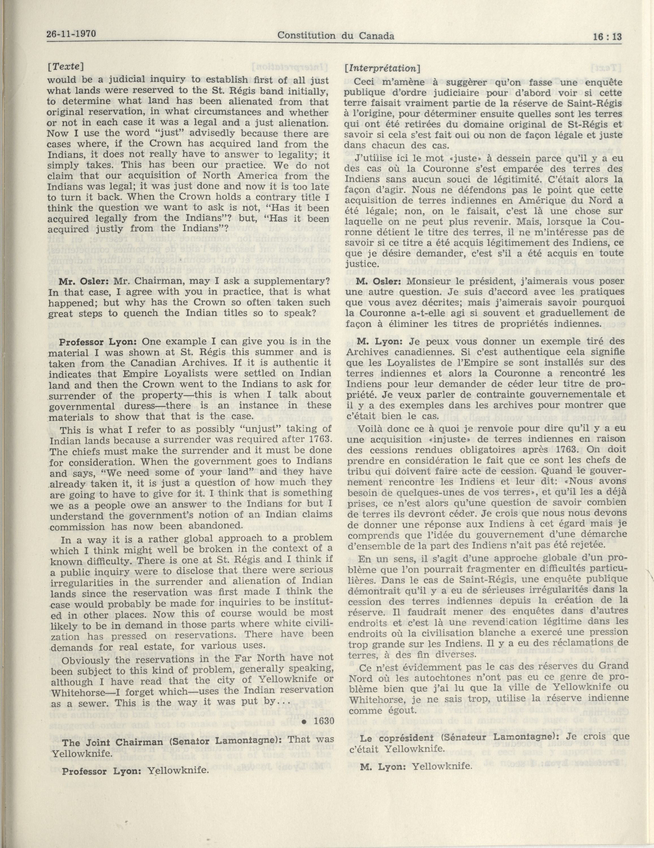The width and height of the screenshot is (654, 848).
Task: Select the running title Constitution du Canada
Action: point(336,36)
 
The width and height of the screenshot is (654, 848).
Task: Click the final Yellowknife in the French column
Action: point(442,767)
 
